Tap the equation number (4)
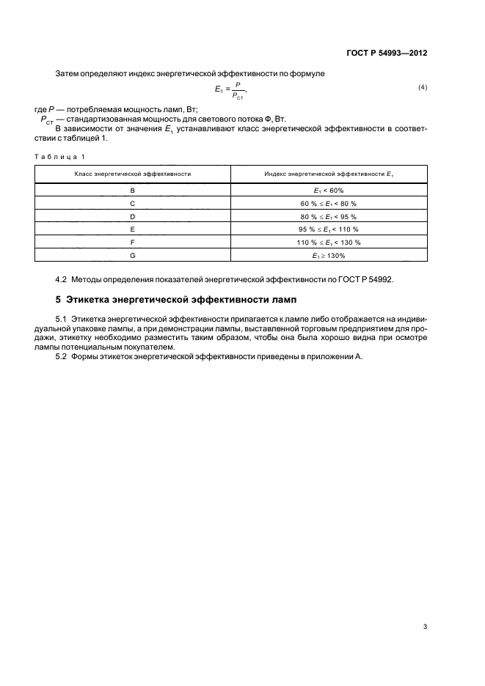click(x=423, y=88)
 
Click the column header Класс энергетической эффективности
click(x=133, y=174)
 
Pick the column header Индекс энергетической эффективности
click(x=328, y=174)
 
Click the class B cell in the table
click(x=133, y=190)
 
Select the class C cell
click(x=133, y=203)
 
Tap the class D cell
click(x=133, y=216)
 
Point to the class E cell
click(x=133, y=229)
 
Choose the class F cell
click(x=133, y=242)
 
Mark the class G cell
click(x=133, y=255)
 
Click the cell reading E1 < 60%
click(x=329, y=190)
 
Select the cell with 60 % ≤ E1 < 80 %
click(x=329, y=203)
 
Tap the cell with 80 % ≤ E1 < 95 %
click(x=329, y=216)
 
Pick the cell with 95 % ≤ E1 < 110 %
click(x=329, y=229)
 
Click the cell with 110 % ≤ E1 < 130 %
click(x=329, y=242)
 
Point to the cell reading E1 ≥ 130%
click(x=329, y=255)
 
